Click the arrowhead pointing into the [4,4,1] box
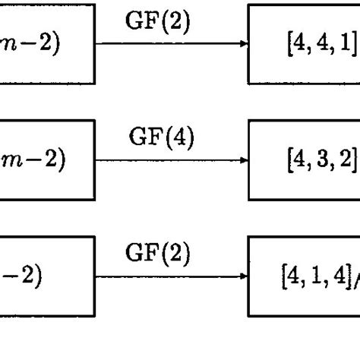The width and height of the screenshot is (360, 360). pyautogui.click(x=244, y=43)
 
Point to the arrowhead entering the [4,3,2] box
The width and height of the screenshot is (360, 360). pyautogui.click(x=244, y=159)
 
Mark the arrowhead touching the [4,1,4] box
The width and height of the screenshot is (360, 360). pyautogui.click(x=244, y=276)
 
